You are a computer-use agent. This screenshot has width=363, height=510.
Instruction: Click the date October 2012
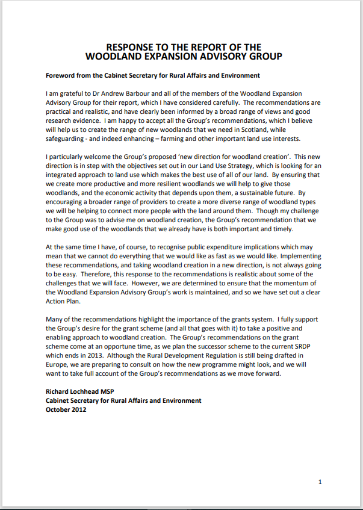[66, 410]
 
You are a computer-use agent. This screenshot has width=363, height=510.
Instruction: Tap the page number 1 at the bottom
[320, 482]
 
